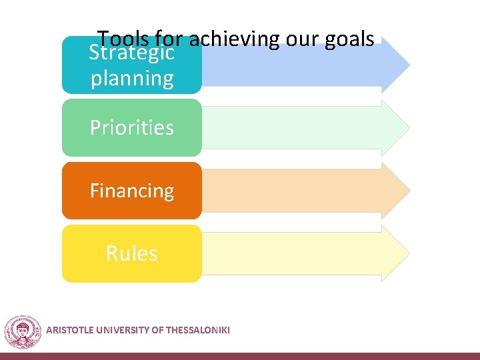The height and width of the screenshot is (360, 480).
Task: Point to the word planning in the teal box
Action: [x=132, y=79]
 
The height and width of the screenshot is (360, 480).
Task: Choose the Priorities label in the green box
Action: [x=132, y=127]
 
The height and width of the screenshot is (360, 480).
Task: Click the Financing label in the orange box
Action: [x=132, y=191]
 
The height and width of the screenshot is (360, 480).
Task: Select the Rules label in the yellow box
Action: [x=132, y=253]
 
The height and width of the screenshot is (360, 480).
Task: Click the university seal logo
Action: [x=23, y=331]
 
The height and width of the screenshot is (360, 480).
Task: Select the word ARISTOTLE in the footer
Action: [x=69, y=329]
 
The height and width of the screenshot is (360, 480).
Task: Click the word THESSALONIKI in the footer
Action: [x=197, y=329]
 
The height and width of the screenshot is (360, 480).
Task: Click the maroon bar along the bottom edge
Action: [x=240, y=356]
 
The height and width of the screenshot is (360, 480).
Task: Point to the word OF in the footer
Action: [x=157, y=329]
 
